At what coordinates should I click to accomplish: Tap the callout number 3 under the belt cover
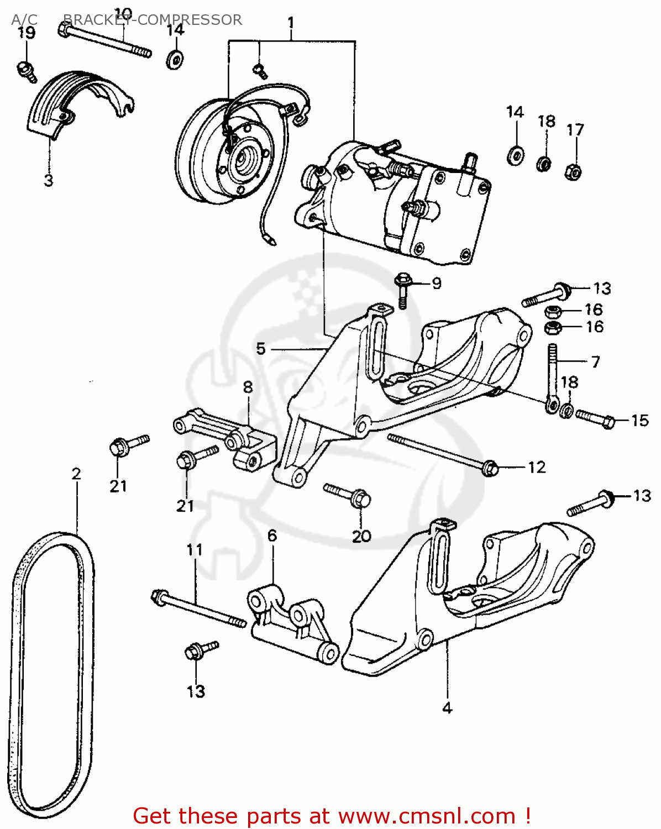(x=49, y=180)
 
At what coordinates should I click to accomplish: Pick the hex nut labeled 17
(x=573, y=172)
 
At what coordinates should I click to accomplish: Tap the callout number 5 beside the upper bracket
(x=261, y=349)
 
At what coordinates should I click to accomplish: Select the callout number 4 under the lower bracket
(x=447, y=707)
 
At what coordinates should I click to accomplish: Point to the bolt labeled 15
(x=595, y=418)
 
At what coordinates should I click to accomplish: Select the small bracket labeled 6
(x=293, y=625)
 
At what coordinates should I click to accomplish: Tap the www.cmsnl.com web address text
(x=426, y=816)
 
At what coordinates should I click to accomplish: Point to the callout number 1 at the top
(x=291, y=23)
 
